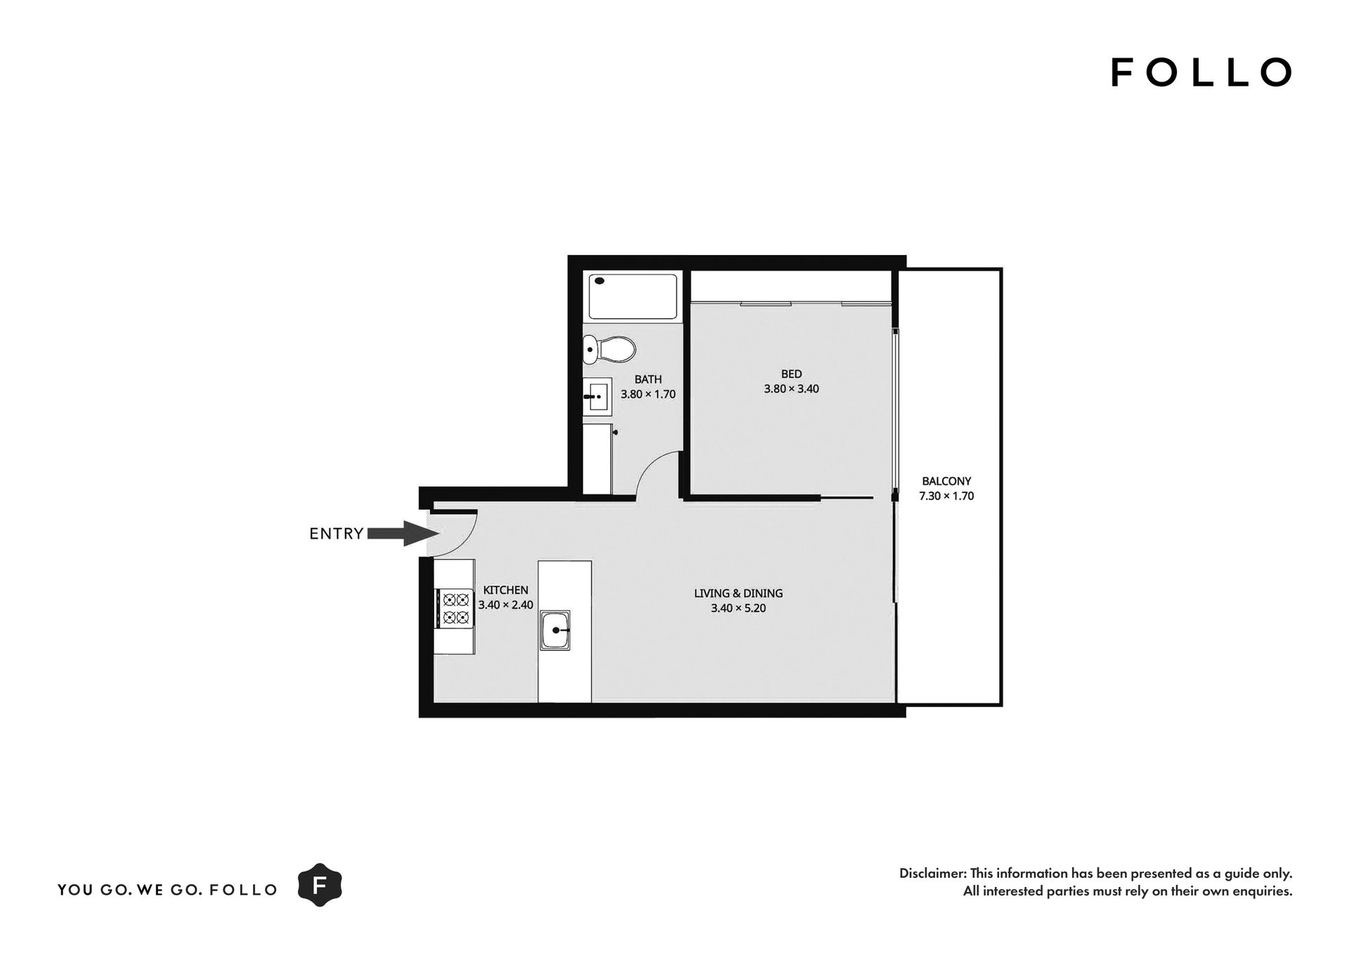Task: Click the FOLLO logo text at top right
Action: click(x=1201, y=72)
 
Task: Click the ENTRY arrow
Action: click(x=398, y=534)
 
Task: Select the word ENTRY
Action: click(x=337, y=534)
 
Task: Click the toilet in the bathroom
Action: click(x=609, y=349)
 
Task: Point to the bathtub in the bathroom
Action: click(x=632, y=296)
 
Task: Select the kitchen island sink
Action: click(x=555, y=630)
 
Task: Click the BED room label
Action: click(x=791, y=374)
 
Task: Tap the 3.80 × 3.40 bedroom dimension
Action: click(x=791, y=389)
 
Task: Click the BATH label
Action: click(x=648, y=380)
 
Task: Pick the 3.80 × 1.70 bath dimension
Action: click(x=648, y=395)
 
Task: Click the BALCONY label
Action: click(x=946, y=482)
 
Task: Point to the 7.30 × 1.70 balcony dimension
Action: click(x=946, y=497)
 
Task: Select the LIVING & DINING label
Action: click(x=738, y=593)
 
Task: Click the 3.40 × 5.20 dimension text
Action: click(x=738, y=608)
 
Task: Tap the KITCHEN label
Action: click(x=506, y=591)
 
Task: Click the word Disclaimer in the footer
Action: click(x=931, y=874)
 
